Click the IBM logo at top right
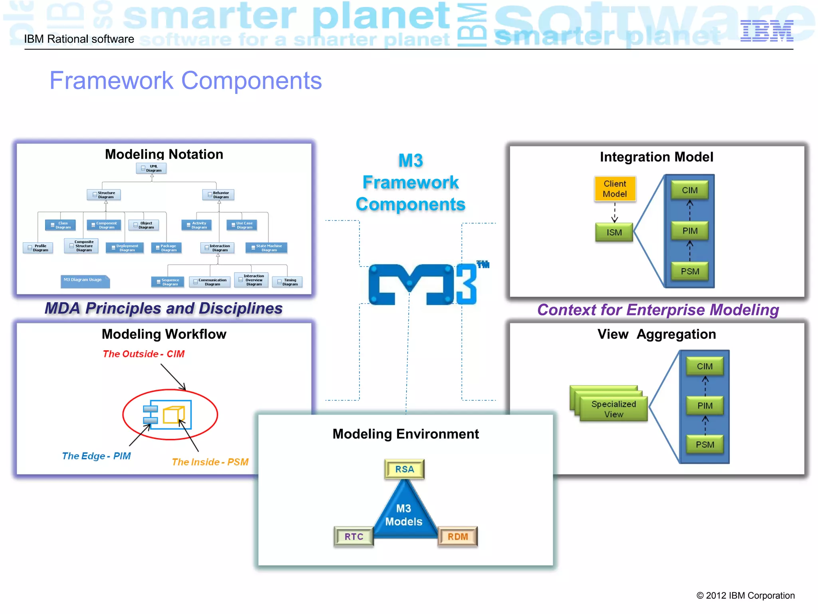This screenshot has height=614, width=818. [766, 31]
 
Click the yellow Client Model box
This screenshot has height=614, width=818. [615, 189]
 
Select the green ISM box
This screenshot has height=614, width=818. [614, 232]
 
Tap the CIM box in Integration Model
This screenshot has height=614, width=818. [689, 190]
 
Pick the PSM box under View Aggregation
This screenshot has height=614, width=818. [705, 445]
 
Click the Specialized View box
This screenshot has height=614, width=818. [613, 409]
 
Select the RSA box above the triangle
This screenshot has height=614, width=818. [404, 469]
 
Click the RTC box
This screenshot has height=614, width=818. [354, 536]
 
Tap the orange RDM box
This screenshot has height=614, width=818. [457, 536]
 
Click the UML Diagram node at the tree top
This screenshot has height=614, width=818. [151, 168]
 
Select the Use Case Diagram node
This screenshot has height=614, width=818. [242, 225]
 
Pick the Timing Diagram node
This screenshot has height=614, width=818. [287, 282]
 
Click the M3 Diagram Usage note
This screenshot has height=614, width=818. [85, 280]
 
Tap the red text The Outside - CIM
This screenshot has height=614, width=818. [143, 354]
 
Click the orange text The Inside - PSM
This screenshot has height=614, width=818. [210, 462]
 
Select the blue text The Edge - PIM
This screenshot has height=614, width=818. [96, 456]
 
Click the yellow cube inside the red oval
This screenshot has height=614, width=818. [173, 415]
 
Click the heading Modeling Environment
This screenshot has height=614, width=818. [405, 434]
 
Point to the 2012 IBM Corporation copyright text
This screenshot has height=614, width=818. [745, 596]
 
